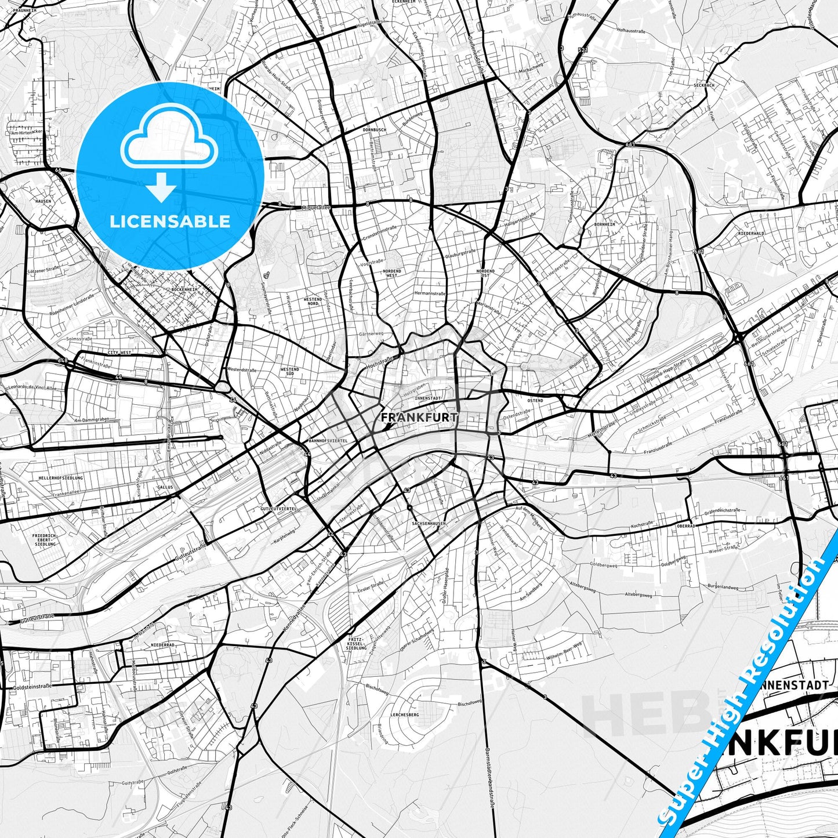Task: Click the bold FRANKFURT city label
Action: [419, 417]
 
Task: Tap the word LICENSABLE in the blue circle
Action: [170, 221]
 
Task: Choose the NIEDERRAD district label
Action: [163, 645]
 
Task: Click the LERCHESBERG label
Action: [405, 714]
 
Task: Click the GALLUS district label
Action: [165, 487]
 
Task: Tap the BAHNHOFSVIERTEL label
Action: [328, 441]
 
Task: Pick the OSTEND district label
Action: [535, 401]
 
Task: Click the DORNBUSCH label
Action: [373, 129]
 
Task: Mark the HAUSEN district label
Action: [43, 201]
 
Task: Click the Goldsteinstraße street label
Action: [32, 686]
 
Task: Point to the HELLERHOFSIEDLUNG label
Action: [61, 478]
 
